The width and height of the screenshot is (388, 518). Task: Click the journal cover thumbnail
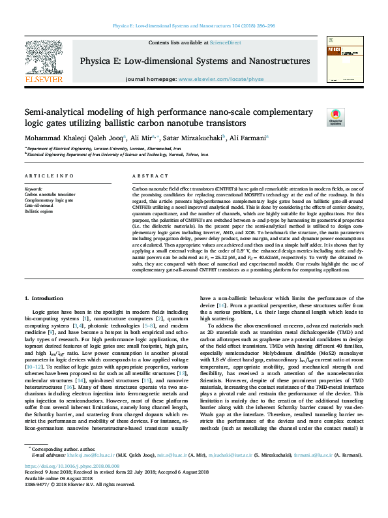[343, 59]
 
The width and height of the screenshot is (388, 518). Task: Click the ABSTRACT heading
[146, 177]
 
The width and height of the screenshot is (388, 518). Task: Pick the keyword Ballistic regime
[39, 211]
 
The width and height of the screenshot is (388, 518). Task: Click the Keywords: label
[35, 189]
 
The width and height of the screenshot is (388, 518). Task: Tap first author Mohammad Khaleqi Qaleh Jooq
[72, 138]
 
